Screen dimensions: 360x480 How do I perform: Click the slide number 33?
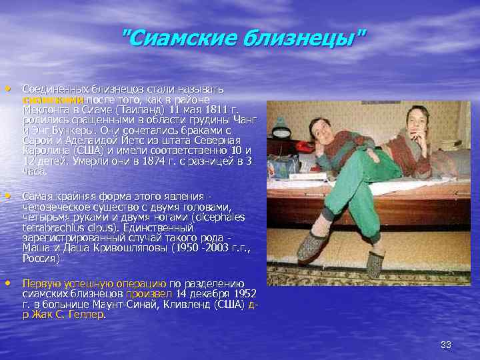446,344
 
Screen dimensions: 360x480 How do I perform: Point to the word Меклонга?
47,109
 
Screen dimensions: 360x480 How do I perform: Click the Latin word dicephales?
217,217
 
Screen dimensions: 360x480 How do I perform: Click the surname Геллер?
85,315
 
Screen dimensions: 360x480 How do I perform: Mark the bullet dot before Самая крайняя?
8,196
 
